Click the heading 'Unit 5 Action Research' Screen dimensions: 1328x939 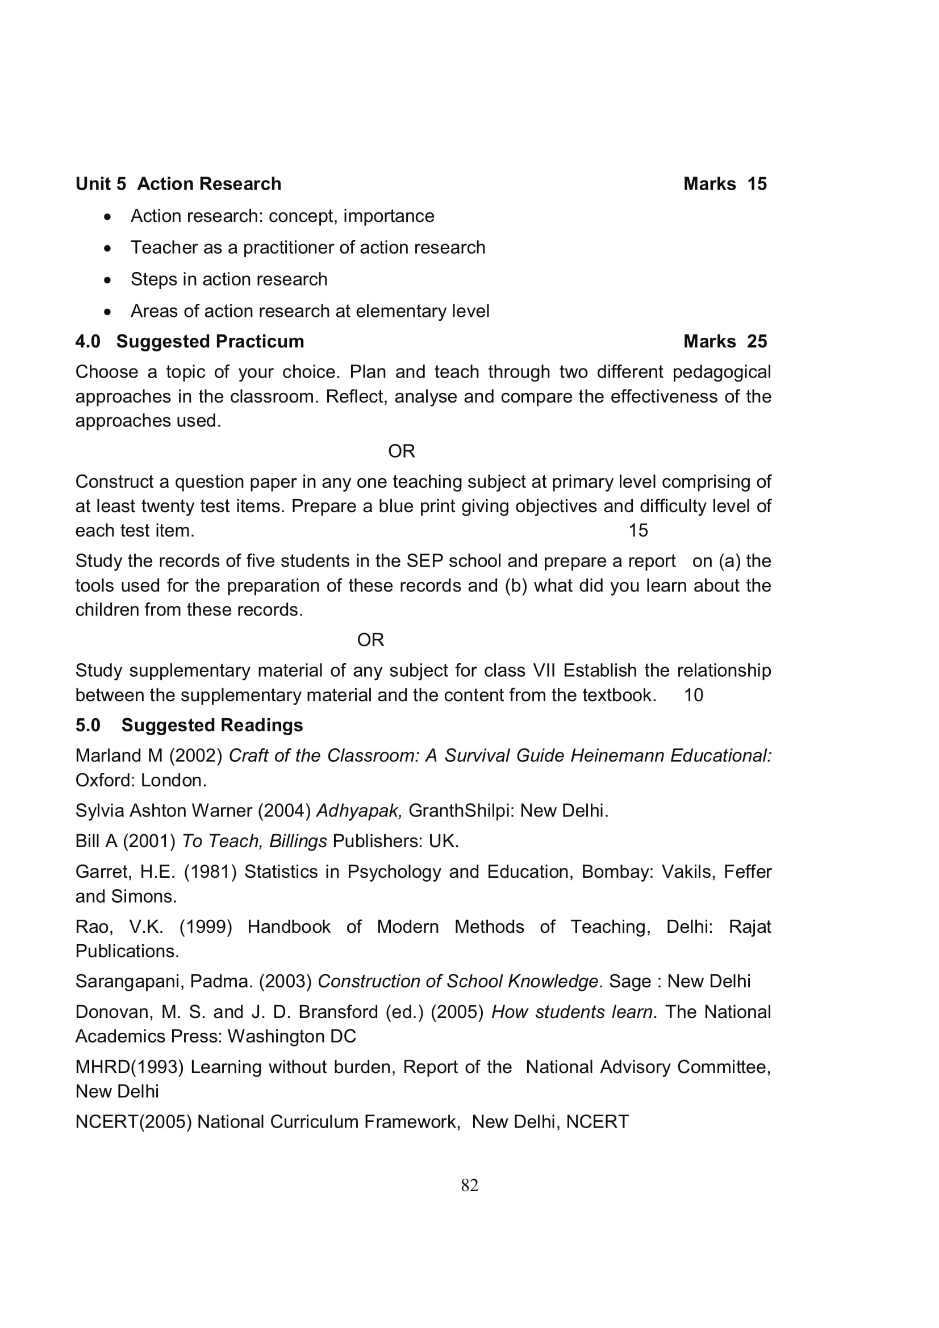pos(178,184)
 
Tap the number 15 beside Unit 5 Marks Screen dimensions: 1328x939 pos(757,184)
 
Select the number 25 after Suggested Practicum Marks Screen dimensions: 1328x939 pos(757,341)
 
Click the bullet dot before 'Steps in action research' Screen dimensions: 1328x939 pos(107,280)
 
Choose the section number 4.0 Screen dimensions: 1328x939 pos(88,341)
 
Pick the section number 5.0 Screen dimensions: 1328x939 pos(88,725)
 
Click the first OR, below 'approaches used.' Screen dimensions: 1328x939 pos(402,451)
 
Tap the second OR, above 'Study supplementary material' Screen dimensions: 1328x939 pos(370,640)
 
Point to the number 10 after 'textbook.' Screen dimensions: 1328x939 pos(693,696)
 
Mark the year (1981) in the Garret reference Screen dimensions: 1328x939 pos(210,872)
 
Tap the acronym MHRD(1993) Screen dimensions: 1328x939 pos(129,1067)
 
